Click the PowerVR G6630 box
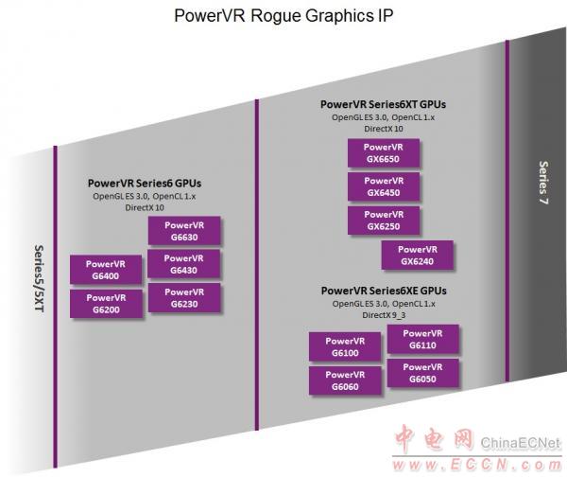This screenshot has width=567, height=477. point(184,231)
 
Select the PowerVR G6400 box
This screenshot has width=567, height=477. point(106,270)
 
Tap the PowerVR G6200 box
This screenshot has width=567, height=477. point(106,304)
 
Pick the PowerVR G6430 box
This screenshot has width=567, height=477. point(183,264)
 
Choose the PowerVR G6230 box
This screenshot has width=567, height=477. point(184,298)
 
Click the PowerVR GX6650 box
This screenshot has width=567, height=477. point(384,152)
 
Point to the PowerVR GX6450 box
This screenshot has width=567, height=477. point(384,186)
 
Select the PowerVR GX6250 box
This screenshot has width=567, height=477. point(384,221)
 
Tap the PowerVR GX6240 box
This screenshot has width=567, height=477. point(418,255)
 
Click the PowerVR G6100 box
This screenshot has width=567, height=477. point(345,346)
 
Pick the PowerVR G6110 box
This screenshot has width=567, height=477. point(422,339)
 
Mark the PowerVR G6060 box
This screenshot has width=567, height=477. point(345,380)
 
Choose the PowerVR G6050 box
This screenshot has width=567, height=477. point(422,373)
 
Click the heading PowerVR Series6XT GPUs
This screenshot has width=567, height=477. point(383,104)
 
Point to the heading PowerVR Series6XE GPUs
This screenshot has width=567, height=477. point(384,291)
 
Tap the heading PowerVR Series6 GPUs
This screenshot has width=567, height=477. point(145,184)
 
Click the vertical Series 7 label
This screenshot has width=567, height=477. point(543,183)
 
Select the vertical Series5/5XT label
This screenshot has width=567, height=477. point(39,278)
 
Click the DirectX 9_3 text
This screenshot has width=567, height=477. point(384,315)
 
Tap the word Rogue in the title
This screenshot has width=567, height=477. point(275,15)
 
